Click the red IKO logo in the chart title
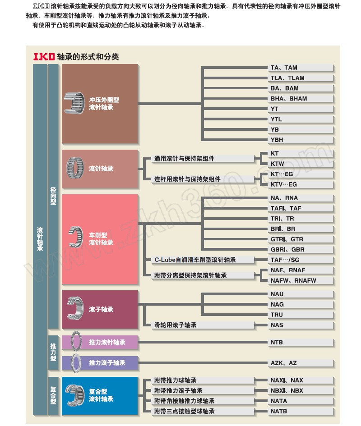pyautogui.click(x=44, y=56)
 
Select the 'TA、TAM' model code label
pyautogui.click(x=284, y=68)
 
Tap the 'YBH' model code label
pyautogui.click(x=277, y=140)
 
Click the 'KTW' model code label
pyautogui.click(x=277, y=164)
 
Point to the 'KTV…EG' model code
pyautogui.click(x=284, y=184)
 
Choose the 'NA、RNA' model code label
pyautogui.click(x=284, y=198)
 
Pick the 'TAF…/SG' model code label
pyautogui.click(x=285, y=260)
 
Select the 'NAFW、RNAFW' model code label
pyautogui.click(x=293, y=281)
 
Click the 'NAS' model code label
pyautogui.click(x=277, y=325)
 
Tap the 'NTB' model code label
pyautogui.click(x=277, y=343)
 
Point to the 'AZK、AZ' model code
pyautogui.click(x=283, y=363)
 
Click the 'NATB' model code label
pyautogui.click(x=278, y=412)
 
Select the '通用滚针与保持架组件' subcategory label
pyautogui.click(x=184, y=159)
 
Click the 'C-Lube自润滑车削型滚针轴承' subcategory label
pyautogui.click(x=195, y=260)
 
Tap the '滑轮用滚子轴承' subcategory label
pyautogui.click(x=175, y=325)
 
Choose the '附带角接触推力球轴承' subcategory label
pyautogui.click(x=184, y=401)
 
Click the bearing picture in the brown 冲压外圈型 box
pyautogui.click(x=74, y=103)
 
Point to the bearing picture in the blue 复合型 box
pyautogui.click(x=75, y=395)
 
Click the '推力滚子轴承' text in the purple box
pyautogui.click(x=107, y=363)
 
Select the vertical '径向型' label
pyautogui.click(x=53, y=196)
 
